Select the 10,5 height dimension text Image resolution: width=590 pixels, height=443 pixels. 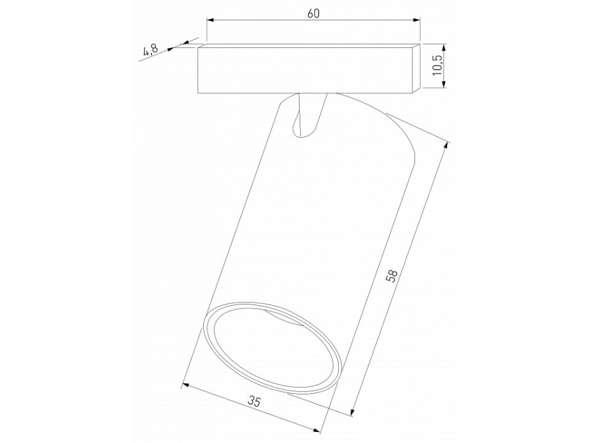(x=437, y=66)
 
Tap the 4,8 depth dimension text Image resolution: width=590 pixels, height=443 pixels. (x=150, y=51)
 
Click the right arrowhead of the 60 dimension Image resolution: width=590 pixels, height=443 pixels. (x=417, y=20)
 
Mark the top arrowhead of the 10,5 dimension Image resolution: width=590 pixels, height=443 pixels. (x=445, y=47)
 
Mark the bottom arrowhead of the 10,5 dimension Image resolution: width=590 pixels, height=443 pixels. (x=445, y=83)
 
